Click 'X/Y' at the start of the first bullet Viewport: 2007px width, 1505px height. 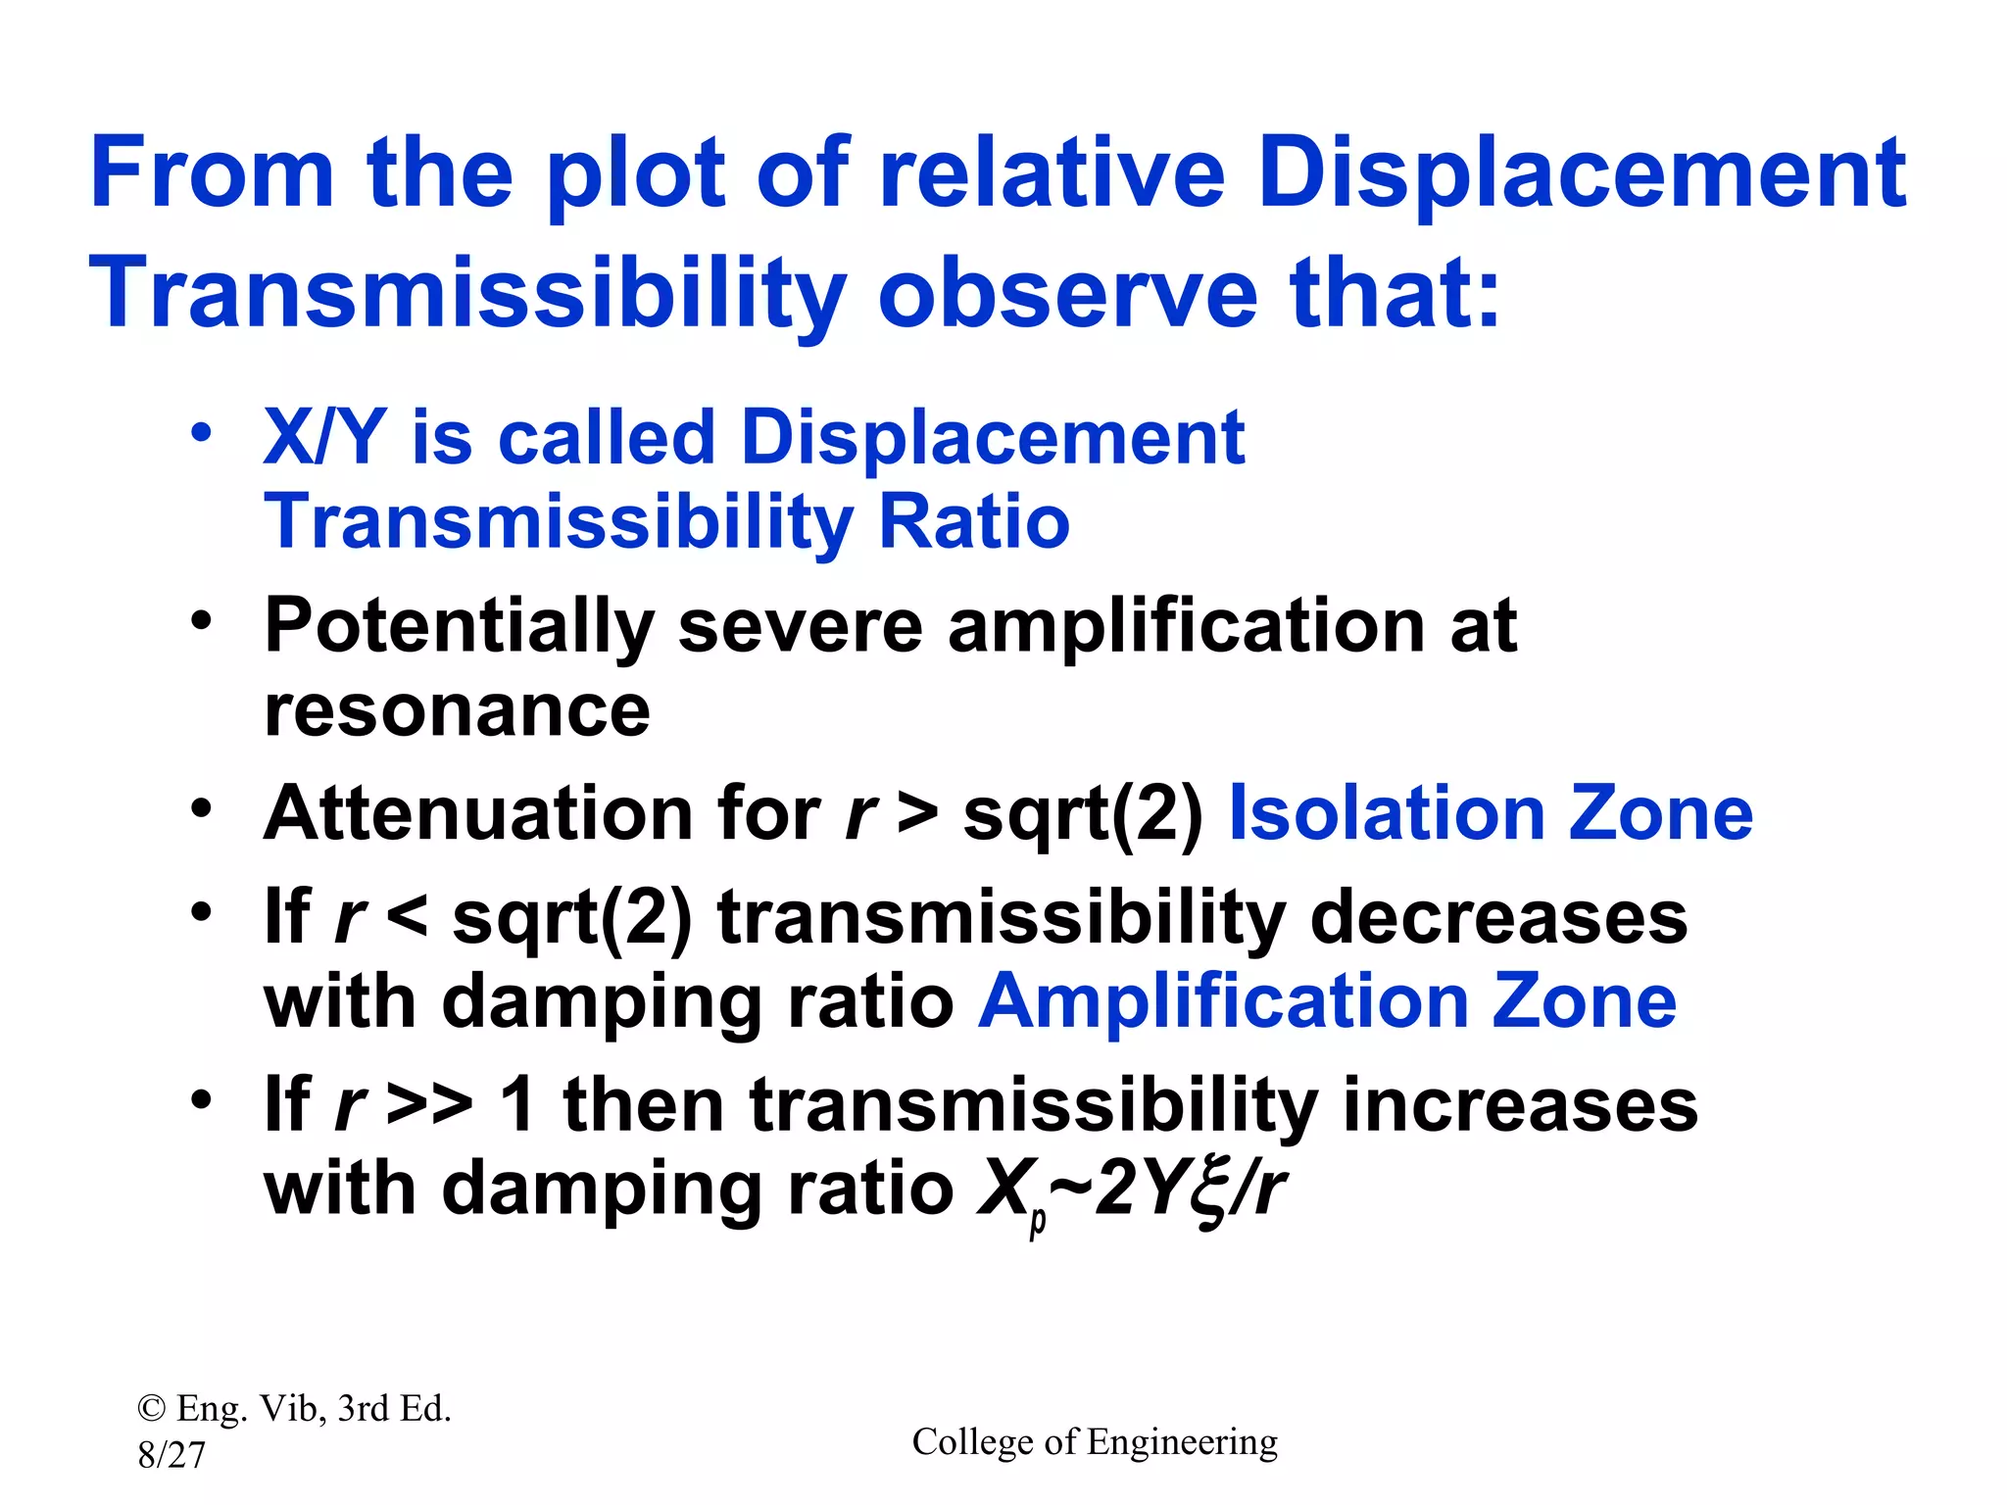point(323,437)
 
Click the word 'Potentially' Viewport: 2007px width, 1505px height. point(459,627)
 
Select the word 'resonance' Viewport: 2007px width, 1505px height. point(457,710)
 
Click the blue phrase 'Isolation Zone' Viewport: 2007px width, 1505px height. point(1490,813)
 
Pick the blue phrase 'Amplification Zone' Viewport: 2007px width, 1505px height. point(1327,1001)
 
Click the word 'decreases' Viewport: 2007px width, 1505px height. point(1498,918)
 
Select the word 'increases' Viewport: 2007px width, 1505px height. point(1519,1105)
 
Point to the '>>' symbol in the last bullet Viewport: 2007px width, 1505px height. point(429,1105)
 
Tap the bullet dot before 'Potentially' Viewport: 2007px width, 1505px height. point(201,620)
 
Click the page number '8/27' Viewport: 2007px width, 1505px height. point(171,1455)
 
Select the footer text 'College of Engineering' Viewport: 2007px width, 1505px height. point(1095,1442)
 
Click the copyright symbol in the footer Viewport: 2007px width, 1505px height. point(151,1409)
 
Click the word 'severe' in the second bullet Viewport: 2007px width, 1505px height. point(800,627)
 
